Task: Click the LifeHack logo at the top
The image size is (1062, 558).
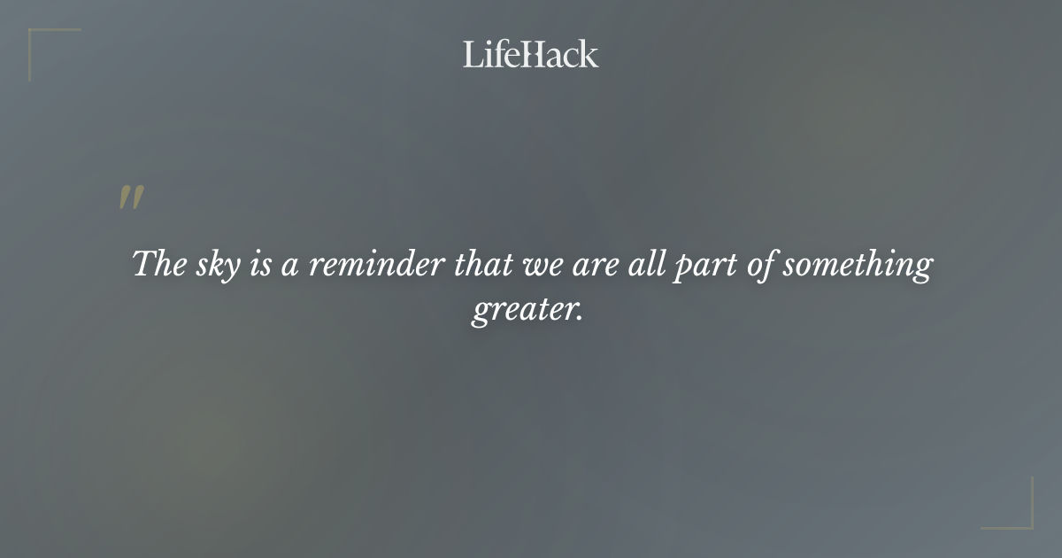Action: pos(530,55)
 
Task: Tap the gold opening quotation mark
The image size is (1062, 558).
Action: pos(131,198)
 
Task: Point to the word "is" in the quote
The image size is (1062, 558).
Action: pos(260,264)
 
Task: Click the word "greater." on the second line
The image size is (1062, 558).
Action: pos(528,312)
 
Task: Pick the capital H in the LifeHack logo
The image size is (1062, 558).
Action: pos(530,55)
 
